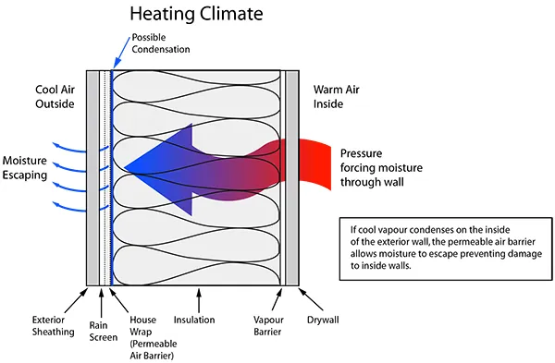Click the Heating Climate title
(196, 14)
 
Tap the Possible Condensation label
(161, 43)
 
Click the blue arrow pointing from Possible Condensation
(121, 52)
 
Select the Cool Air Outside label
(55, 96)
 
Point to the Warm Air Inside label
(337, 96)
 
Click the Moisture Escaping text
(25, 168)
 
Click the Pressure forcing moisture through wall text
(381, 168)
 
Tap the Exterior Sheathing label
(53, 326)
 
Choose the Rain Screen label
(104, 332)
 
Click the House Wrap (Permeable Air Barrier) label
(153, 337)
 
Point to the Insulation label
(194, 320)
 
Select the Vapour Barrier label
(268, 326)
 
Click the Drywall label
(323, 320)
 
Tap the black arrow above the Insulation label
(199, 300)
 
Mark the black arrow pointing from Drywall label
(311, 299)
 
